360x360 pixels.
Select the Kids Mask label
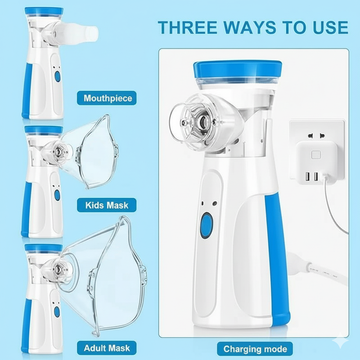pyautogui.click(x=107, y=206)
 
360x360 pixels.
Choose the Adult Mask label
pyautogui.click(x=107, y=348)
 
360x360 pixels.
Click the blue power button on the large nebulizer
pyautogui.click(x=207, y=225)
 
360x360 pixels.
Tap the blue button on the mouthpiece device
pyautogui.click(x=58, y=76)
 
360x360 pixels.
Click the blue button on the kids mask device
pyautogui.click(x=57, y=195)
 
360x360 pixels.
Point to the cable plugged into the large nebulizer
pyautogui.click(x=301, y=263)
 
